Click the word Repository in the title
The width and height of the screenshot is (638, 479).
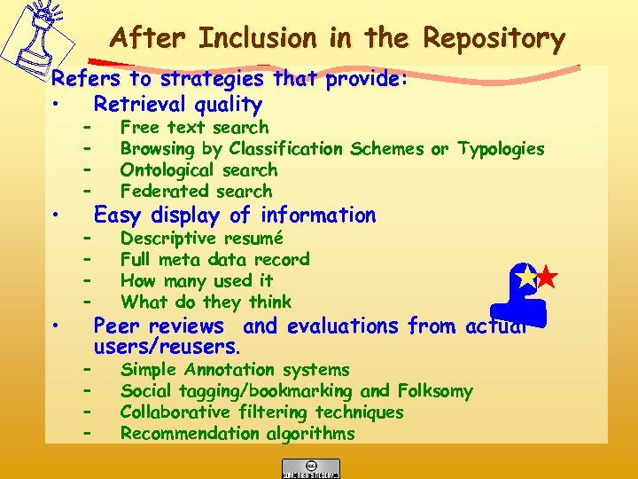pos(494,39)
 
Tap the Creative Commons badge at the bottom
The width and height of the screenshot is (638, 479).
pos(310,467)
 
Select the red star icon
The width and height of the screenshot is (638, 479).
pos(548,278)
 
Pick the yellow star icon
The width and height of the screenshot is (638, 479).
pos(527,277)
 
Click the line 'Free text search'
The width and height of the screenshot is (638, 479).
pos(194,128)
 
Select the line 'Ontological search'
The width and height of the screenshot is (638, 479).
pos(198,170)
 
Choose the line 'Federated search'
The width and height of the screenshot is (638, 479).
pos(196,192)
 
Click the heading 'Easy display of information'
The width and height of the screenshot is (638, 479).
pos(235,216)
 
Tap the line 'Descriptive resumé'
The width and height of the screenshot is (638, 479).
pos(201,239)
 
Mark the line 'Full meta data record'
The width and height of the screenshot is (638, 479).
pos(214,260)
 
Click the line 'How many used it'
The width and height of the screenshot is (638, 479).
pos(197,281)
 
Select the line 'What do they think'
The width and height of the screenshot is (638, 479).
pos(206,302)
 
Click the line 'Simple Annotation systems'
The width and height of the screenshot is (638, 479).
pos(235,370)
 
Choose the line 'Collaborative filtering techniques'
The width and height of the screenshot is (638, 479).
pos(261,412)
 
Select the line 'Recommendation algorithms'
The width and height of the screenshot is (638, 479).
pos(237,434)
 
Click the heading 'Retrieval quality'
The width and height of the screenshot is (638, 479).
pos(178,105)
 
